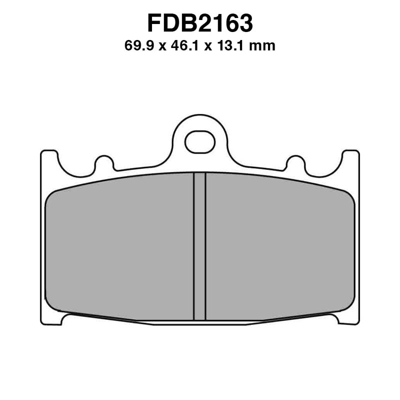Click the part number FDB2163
(200, 23)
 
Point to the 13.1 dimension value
(232, 46)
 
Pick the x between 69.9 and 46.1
(161, 47)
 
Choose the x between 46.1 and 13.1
(208, 47)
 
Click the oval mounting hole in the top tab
(200, 142)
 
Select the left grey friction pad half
(120, 247)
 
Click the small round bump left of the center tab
(104, 163)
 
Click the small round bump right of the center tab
(295, 163)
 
